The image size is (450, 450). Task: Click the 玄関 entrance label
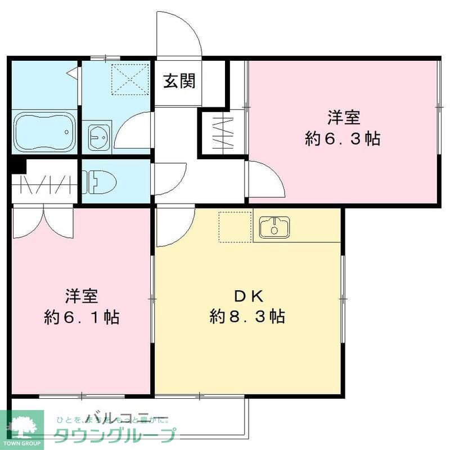coord(179,82)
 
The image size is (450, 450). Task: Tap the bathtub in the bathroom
coord(43,133)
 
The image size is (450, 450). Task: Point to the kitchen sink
coord(274,227)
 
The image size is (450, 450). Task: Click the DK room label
coord(246,295)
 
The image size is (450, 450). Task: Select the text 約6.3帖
coord(343,138)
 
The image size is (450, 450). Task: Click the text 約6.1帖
coord(82,317)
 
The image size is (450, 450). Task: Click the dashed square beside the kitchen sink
coord(235,227)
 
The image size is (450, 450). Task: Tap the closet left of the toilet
coord(45,183)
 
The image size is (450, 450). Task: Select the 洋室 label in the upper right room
coord(344,118)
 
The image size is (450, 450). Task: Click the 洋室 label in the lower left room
coord(82,295)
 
